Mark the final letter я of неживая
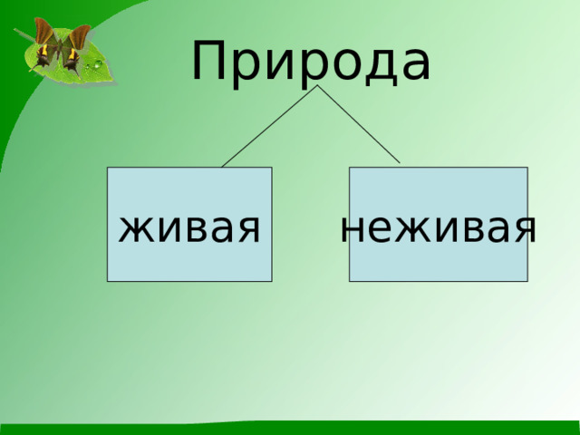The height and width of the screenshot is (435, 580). coord(523,230)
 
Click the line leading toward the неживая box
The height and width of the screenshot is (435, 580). coord(359,125)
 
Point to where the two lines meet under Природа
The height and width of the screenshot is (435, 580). coord(316,87)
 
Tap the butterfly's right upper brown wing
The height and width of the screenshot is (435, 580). coord(80,37)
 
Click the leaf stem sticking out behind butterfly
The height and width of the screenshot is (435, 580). coord(18,34)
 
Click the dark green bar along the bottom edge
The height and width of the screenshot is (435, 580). coord(290,429)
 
